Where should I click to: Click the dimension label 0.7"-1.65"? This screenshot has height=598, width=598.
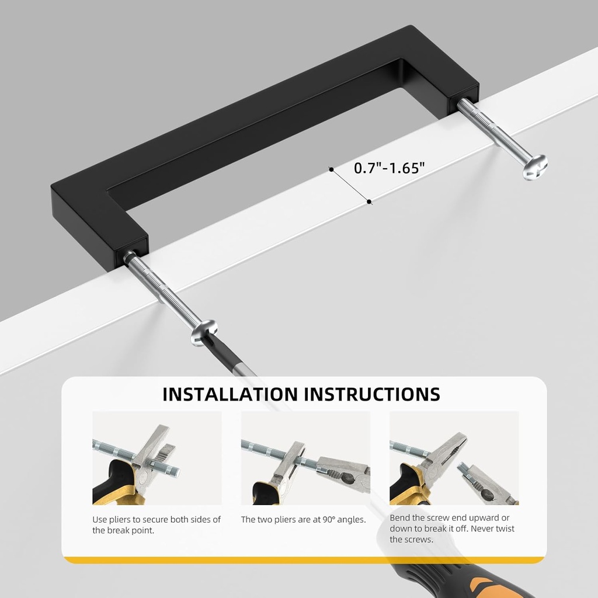[390, 168]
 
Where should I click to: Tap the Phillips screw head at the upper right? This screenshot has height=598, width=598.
[534, 166]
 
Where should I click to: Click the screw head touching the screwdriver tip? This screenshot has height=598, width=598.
[203, 332]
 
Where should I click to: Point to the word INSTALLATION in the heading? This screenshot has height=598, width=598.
[230, 394]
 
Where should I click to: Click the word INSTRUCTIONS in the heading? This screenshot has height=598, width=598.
[371, 394]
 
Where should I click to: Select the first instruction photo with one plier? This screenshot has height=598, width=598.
[157, 458]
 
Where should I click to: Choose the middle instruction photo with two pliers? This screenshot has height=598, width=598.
[305, 458]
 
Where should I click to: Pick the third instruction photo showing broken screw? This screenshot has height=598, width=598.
[454, 458]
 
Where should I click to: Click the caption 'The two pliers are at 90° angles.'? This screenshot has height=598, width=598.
[304, 519]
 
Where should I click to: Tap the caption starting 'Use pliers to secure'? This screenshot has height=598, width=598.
[157, 524]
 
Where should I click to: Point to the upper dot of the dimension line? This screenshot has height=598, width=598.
[331, 169]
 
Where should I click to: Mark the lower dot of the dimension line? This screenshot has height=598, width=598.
[369, 202]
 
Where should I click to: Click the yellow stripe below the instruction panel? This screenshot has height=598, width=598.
[304, 560]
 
